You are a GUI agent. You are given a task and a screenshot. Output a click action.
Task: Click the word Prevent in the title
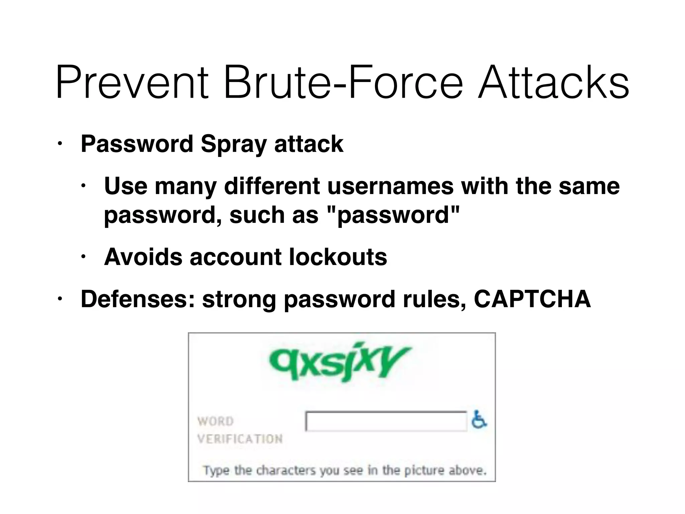click(132, 83)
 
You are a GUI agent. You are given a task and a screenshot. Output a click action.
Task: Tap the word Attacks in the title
click(554, 83)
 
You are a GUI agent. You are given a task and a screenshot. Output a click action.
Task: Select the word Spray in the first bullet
click(233, 144)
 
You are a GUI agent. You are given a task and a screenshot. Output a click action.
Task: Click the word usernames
click(390, 186)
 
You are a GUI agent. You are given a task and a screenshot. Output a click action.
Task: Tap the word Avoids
click(143, 257)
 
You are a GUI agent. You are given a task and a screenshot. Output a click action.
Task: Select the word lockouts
click(337, 257)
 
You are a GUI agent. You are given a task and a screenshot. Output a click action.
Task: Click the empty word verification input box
click(386, 421)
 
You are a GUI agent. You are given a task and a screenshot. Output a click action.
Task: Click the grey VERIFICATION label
click(240, 439)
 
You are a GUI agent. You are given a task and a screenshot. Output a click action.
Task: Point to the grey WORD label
click(215, 421)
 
